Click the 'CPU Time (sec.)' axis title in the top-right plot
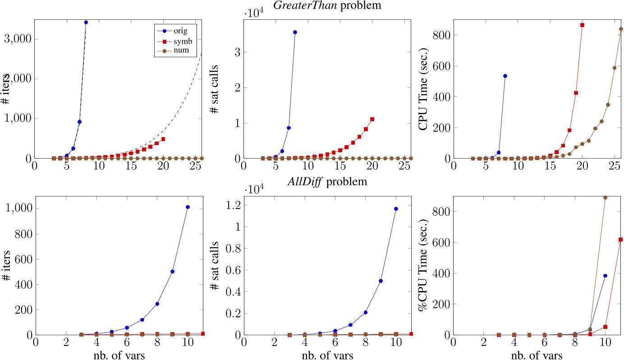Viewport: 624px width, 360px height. coord(423,89)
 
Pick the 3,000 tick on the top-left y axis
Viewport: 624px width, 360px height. coord(18,39)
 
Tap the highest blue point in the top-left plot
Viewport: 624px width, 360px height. coord(86,22)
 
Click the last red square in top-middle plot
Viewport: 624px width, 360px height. coord(372,119)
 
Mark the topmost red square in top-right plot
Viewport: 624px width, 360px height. coord(582,25)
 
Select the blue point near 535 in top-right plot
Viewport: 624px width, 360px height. coord(505,76)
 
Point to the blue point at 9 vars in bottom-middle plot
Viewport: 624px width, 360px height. coord(381,281)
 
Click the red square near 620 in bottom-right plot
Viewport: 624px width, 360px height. coord(620,239)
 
